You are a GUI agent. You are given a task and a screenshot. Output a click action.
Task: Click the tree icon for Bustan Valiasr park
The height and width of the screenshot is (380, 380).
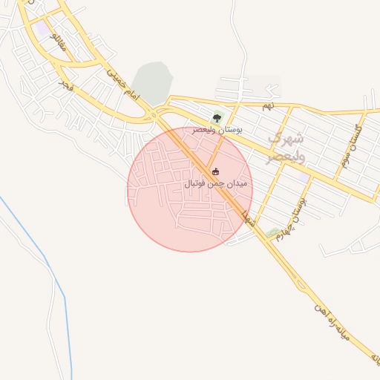(x=217, y=117)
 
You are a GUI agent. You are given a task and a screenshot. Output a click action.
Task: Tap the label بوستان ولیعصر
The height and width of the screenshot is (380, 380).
(x=217, y=130)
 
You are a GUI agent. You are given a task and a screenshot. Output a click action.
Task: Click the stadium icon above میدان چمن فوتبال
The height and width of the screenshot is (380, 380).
(x=215, y=172)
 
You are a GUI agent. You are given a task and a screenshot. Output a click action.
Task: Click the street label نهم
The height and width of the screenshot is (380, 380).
(x=267, y=107)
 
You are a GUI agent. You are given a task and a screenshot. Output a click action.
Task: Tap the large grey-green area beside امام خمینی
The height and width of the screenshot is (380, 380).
(x=152, y=82)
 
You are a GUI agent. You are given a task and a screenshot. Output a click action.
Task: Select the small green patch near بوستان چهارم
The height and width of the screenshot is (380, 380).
(x=272, y=233)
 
